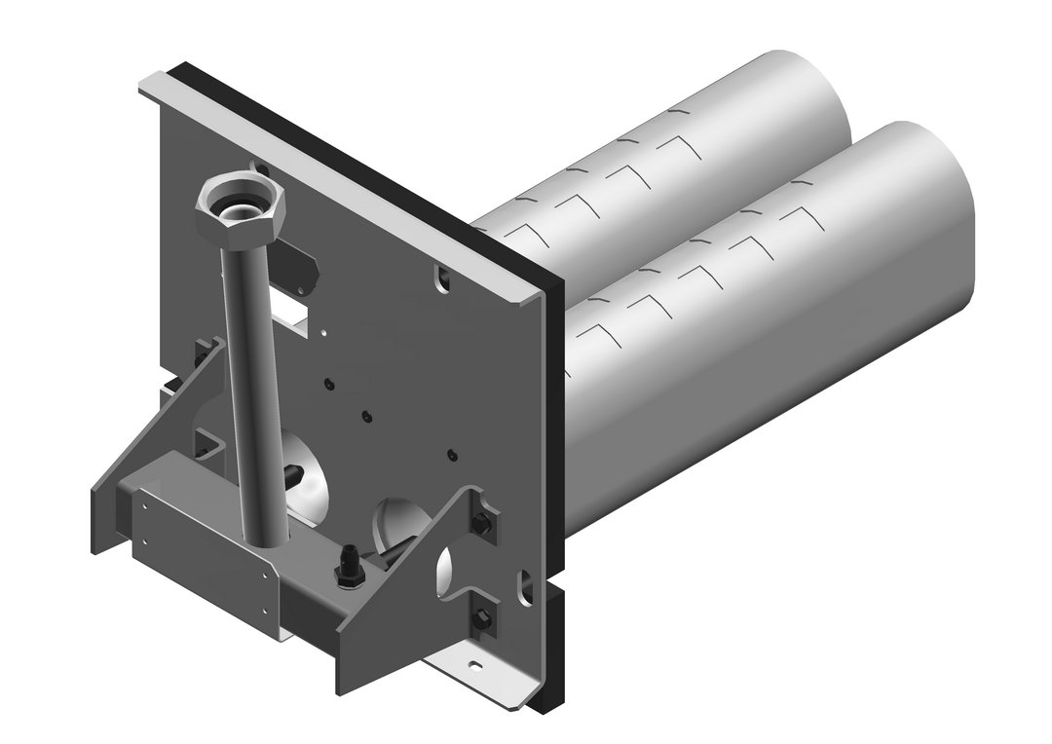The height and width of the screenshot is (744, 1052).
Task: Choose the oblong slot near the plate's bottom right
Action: tap(527, 584)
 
